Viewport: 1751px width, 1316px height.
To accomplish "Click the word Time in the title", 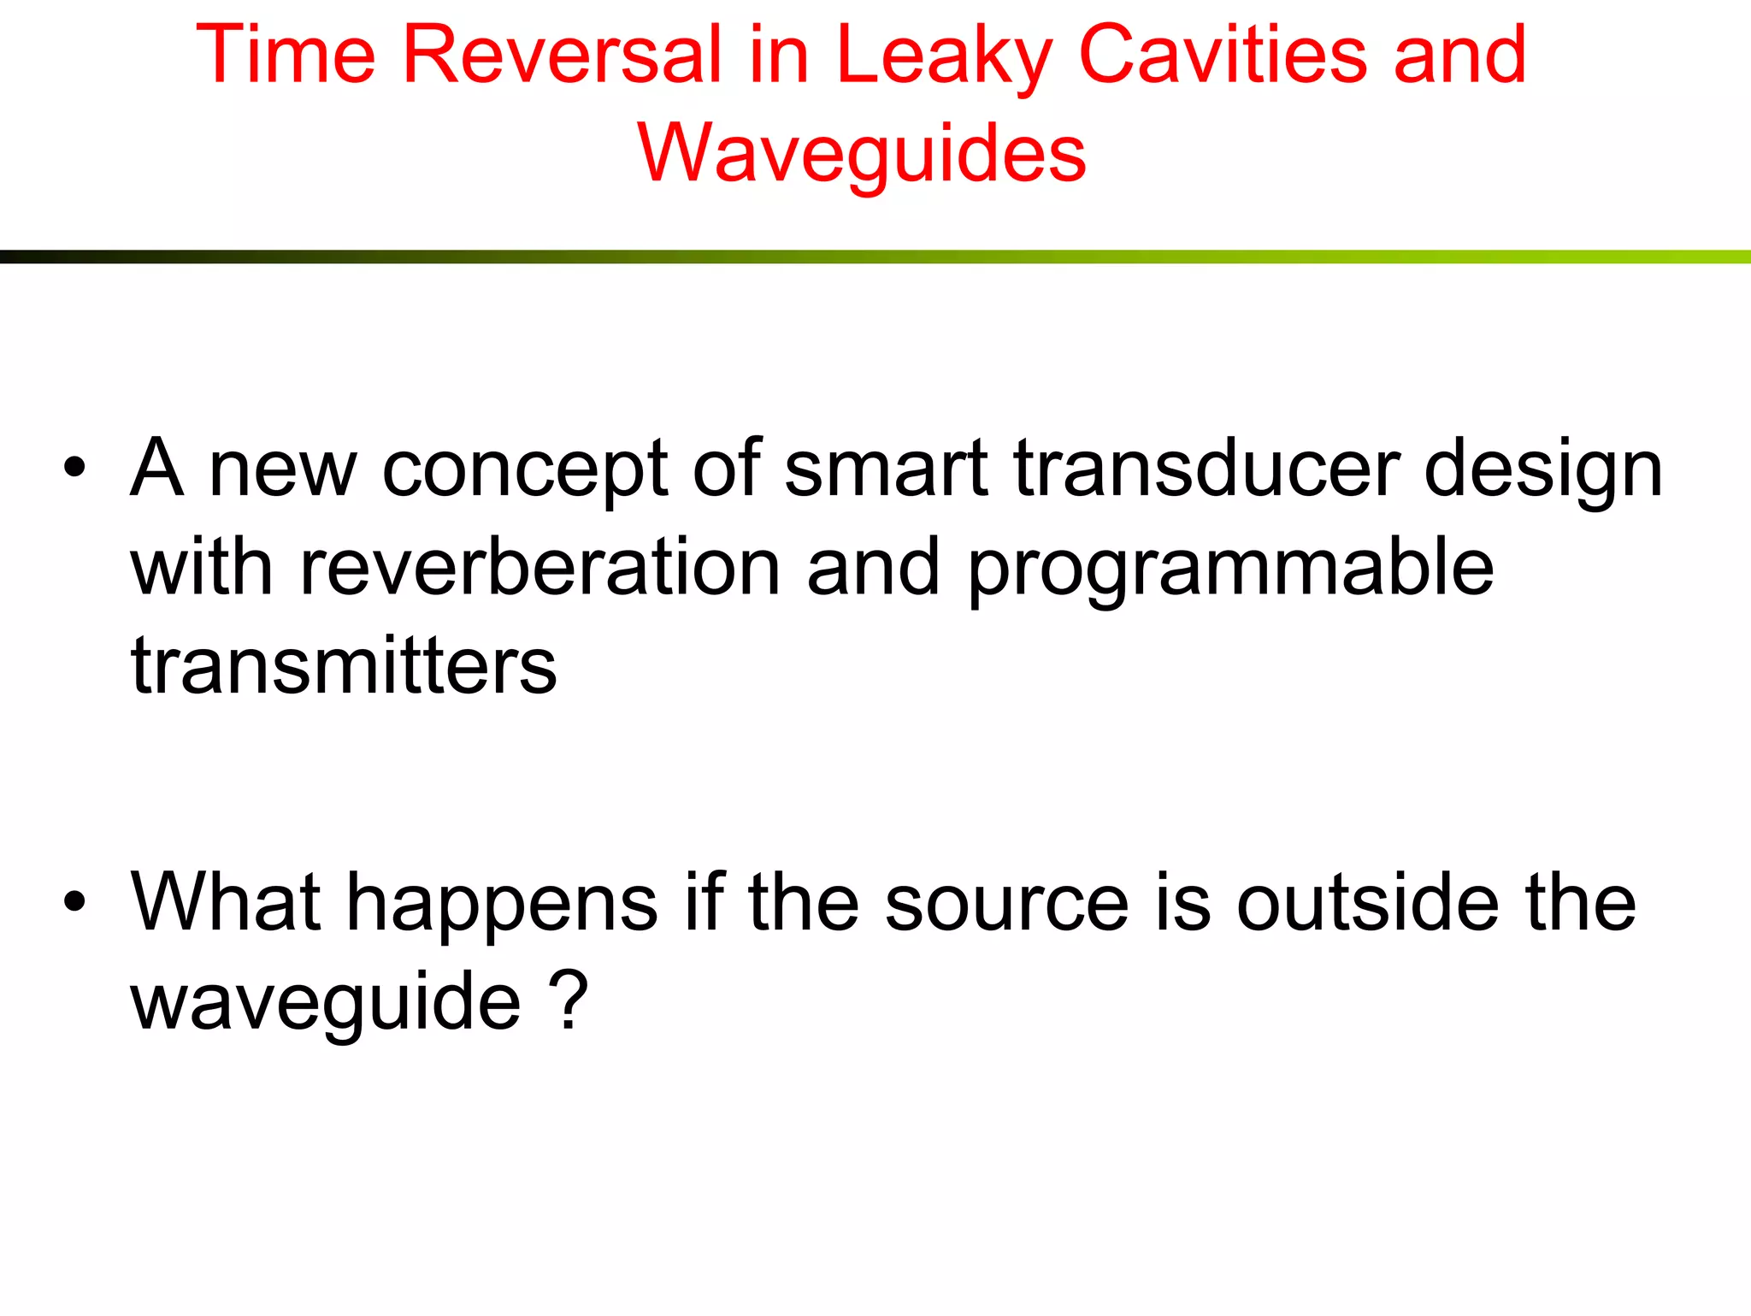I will (286, 55).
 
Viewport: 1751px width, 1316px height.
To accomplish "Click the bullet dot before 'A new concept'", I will (75, 468).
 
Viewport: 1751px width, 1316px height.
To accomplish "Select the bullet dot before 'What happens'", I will (75, 901).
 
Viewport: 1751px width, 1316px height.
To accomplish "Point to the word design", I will (1543, 470).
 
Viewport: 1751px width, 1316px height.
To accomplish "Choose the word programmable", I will (1230, 569).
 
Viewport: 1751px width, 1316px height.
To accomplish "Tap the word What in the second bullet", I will (225, 901).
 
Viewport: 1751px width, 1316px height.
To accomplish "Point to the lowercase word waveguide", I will (326, 1003).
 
